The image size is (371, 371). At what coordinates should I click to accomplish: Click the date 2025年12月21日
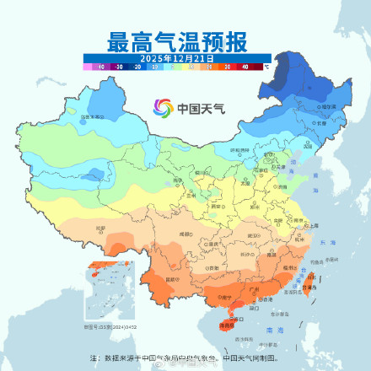point(177,57)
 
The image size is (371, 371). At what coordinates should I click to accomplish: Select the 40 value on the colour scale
point(245,66)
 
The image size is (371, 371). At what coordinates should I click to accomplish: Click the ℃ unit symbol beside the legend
point(266,64)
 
